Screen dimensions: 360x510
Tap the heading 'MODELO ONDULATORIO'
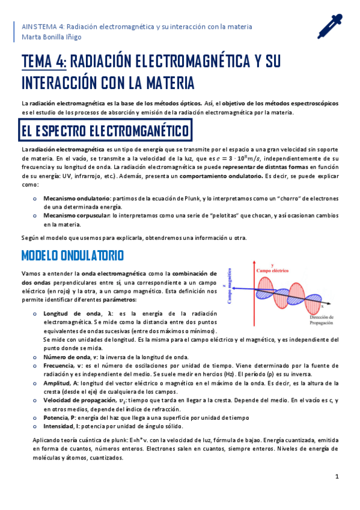coord(73,256)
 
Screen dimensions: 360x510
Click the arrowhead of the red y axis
coord(273,265)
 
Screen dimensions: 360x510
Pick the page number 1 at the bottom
coord(337,476)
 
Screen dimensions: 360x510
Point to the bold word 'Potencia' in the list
coord(56,417)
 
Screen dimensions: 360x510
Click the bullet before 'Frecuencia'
coord(35,366)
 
